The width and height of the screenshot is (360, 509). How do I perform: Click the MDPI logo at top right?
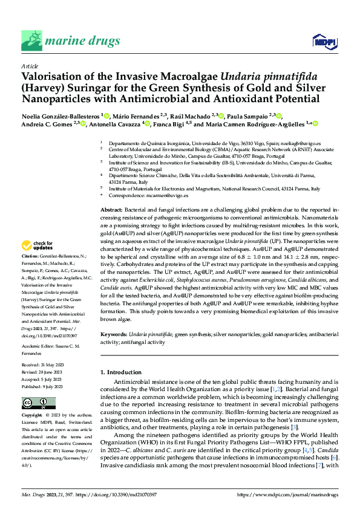coord(323,41)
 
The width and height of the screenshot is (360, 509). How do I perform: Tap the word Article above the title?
coord(29,65)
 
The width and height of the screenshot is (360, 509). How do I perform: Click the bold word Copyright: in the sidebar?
coord(32,417)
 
